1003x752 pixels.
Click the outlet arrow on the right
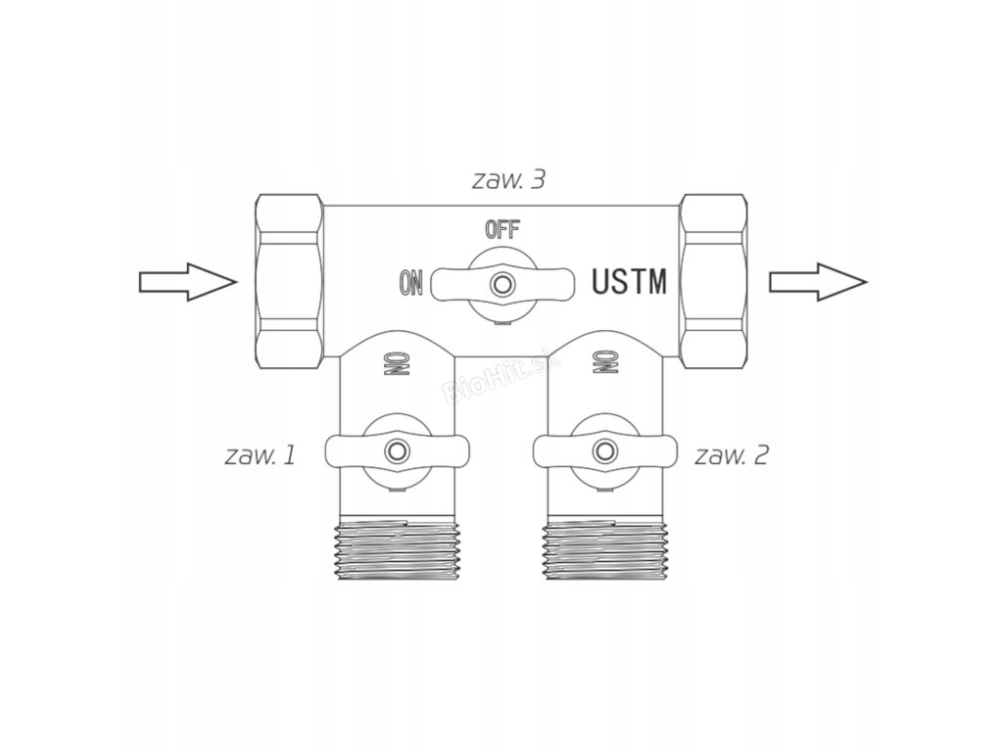click(x=817, y=282)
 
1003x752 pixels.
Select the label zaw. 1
click(x=260, y=455)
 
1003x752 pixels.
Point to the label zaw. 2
click(x=732, y=455)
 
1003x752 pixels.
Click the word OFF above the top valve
click(x=502, y=231)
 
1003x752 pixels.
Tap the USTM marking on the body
click(x=630, y=282)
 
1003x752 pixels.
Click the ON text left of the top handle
click(x=411, y=284)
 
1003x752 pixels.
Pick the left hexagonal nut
click(x=289, y=280)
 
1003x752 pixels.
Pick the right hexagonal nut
click(x=713, y=280)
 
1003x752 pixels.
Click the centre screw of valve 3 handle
click(x=502, y=284)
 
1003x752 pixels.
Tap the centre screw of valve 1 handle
click(x=397, y=451)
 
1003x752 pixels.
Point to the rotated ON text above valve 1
click(x=389, y=363)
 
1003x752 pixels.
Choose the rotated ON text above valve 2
click(x=602, y=363)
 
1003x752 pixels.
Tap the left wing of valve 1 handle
click(x=345, y=451)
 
